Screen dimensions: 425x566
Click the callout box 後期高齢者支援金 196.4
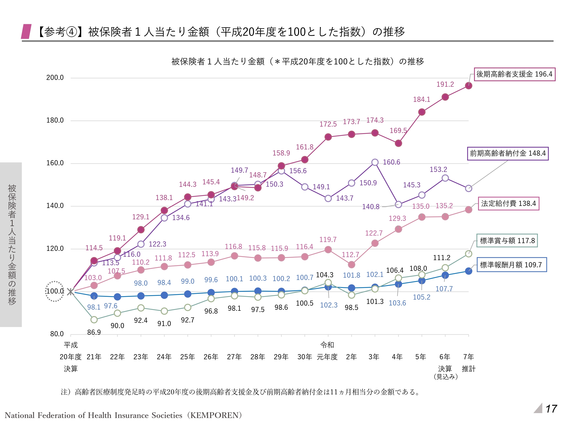pos(514,74)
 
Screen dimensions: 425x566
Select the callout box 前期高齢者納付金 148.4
pos(508,153)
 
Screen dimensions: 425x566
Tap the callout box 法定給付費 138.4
pos(508,204)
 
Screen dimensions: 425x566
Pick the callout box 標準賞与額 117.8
pos(507,241)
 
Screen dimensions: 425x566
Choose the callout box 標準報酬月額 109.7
pos(511,265)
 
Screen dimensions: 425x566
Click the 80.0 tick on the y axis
pos(57,334)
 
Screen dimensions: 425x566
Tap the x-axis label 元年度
pos(327,357)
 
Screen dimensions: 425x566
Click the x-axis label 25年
pos(187,357)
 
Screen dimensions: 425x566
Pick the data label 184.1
pos(421,99)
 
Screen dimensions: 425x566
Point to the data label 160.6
pos(391,162)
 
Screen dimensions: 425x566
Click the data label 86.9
pos(94,332)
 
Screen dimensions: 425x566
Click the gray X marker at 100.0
pos(71,291)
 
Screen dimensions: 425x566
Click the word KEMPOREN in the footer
pos(215,415)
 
